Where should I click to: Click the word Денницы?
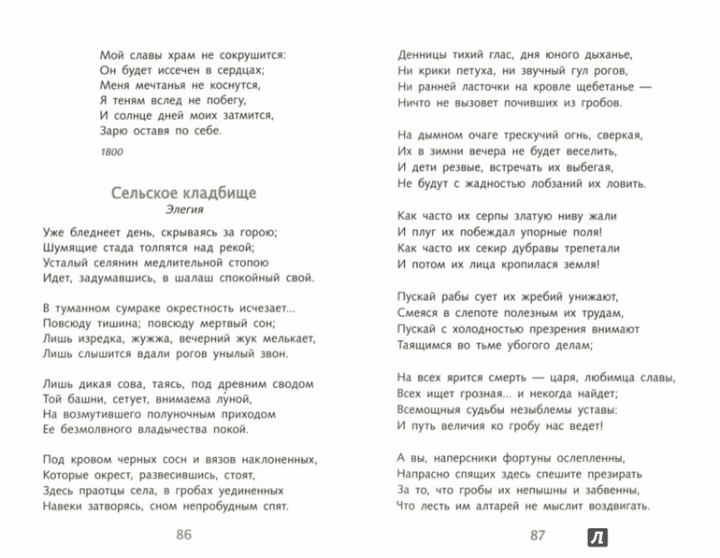(423, 52)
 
